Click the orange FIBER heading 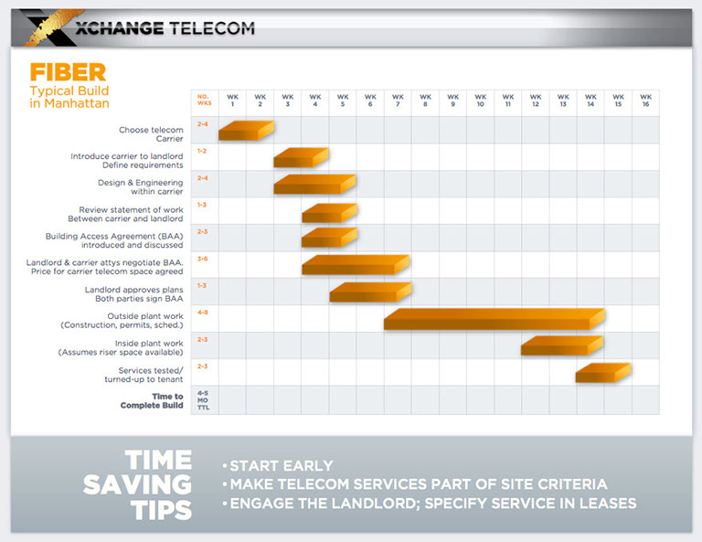click(69, 72)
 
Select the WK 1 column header click(232, 101)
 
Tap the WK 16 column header click(644, 101)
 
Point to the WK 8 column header click(425, 101)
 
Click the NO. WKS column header click(204, 101)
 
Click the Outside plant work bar click(494, 319)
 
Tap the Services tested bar click(602, 372)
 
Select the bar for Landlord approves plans click(370, 292)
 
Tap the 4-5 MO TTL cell click(203, 400)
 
